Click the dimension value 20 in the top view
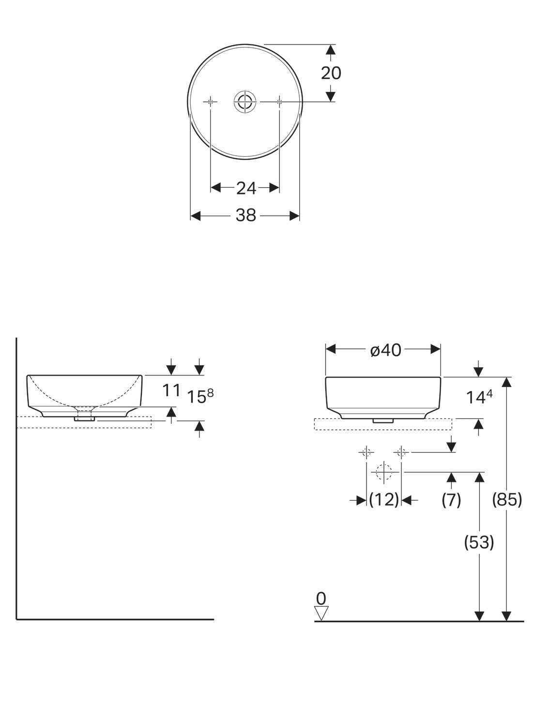(x=331, y=73)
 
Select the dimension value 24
(x=246, y=188)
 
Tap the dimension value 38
(x=245, y=216)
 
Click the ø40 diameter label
(x=386, y=350)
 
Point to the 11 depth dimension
(x=171, y=390)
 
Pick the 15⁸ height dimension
(x=199, y=396)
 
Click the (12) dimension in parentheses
(x=383, y=500)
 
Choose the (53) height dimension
(x=479, y=543)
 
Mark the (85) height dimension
(x=507, y=500)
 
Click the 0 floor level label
(x=321, y=599)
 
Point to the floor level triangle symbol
(x=321, y=613)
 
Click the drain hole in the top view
(x=244, y=102)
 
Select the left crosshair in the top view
(x=211, y=102)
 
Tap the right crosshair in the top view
(x=279, y=102)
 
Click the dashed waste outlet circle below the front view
(x=383, y=472)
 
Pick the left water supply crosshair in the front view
(x=366, y=452)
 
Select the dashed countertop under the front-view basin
(x=383, y=424)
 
